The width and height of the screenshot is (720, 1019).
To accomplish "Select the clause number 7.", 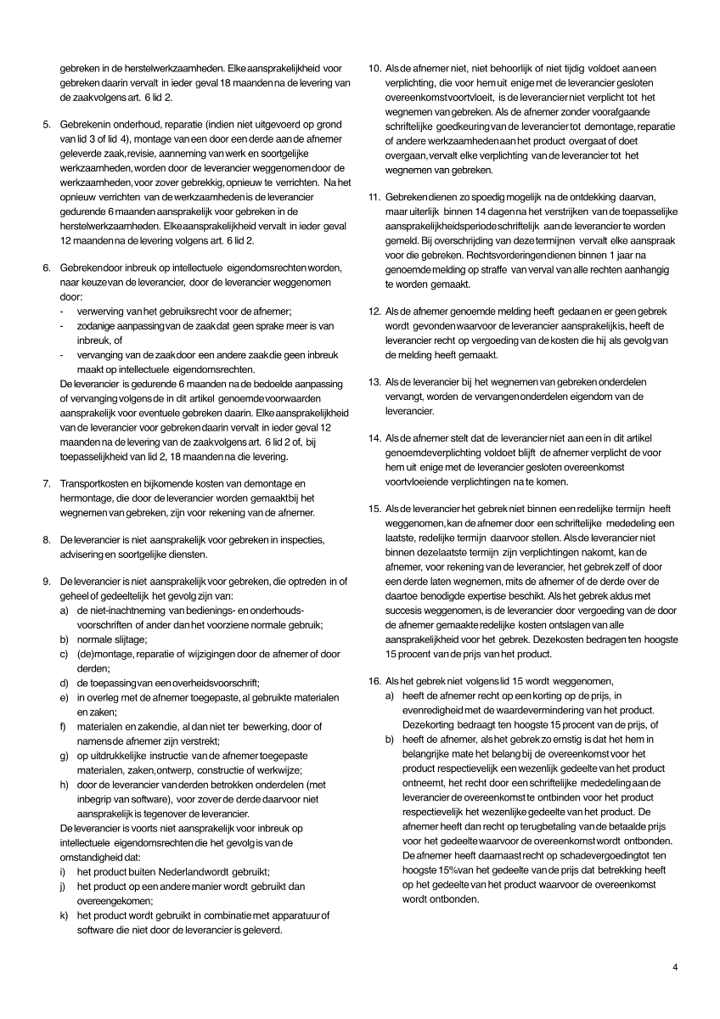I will tap(47, 484).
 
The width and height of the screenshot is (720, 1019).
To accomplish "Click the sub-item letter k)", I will tap(64, 915).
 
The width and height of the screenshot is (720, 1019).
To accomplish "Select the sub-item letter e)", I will tap(64, 697).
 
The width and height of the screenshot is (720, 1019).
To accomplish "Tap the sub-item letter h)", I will tap(64, 785).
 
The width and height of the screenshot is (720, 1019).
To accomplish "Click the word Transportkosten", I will tap(97, 484).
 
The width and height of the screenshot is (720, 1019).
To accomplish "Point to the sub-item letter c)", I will tap(64, 654).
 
